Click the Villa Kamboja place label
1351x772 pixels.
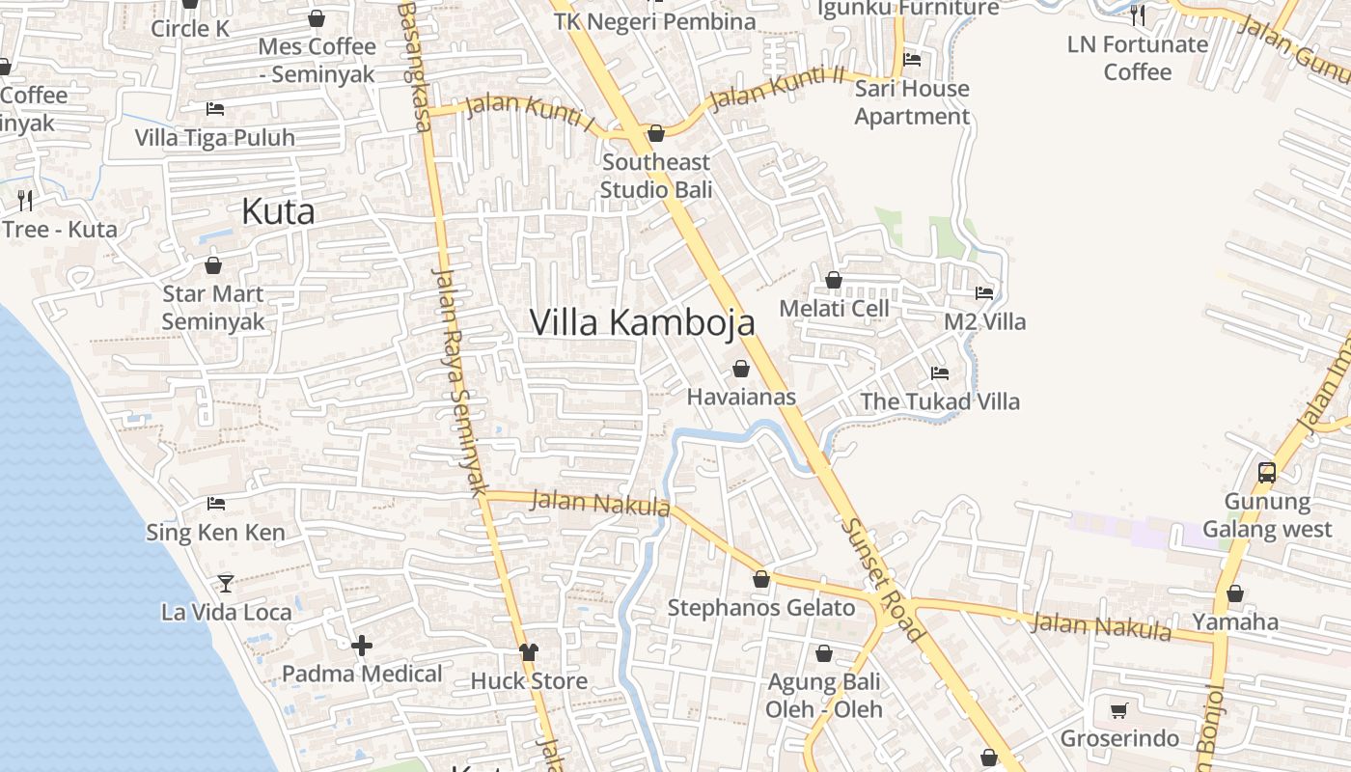pyautogui.click(x=642, y=322)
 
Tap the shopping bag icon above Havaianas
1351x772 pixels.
pyautogui.click(x=741, y=369)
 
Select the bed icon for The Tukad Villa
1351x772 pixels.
pyautogui.click(x=939, y=373)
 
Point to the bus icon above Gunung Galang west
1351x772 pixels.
pyautogui.click(x=1267, y=473)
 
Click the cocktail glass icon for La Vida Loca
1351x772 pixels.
pyautogui.click(x=226, y=583)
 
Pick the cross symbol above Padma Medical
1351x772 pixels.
pyautogui.click(x=362, y=646)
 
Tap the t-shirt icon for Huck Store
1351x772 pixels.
pyautogui.click(x=528, y=652)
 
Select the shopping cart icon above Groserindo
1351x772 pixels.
pyautogui.click(x=1119, y=711)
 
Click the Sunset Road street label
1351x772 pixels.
pyautogui.click(x=882, y=579)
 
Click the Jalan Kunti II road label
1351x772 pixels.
pyautogui.click(x=777, y=88)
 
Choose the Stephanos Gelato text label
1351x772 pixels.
pyautogui.click(x=761, y=608)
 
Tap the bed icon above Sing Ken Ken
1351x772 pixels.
pyautogui.click(x=216, y=504)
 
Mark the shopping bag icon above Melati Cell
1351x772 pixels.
pyautogui.click(x=834, y=280)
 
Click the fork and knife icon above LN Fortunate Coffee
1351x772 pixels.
pyautogui.click(x=1137, y=14)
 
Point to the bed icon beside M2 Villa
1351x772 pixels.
pyautogui.click(x=984, y=292)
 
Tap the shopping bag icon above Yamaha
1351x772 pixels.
pyautogui.click(x=1235, y=593)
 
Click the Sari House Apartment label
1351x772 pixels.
pyautogui.click(x=912, y=102)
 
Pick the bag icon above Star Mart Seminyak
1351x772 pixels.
pyautogui.click(x=213, y=264)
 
